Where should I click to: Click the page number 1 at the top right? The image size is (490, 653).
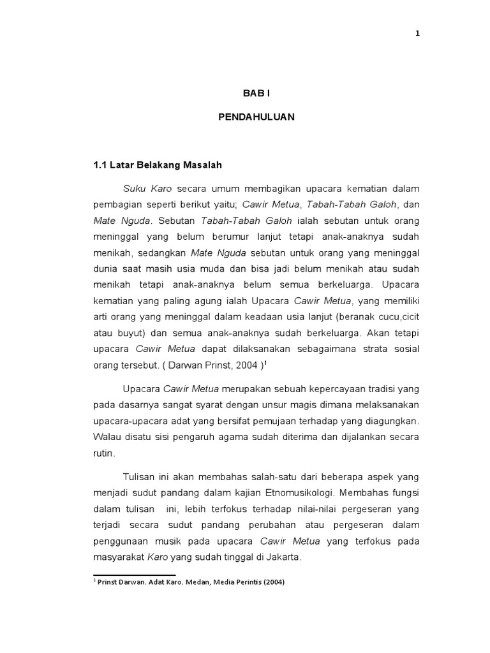(x=417, y=34)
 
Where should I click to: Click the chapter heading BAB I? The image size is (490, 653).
(x=256, y=93)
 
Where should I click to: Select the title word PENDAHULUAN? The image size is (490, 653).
(x=256, y=118)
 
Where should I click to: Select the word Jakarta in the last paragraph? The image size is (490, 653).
(x=283, y=556)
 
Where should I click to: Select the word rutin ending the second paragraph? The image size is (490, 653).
(x=104, y=453)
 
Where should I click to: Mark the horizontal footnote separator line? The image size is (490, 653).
(x=134, y=575)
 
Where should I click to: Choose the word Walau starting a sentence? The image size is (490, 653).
(x=106, y=437)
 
